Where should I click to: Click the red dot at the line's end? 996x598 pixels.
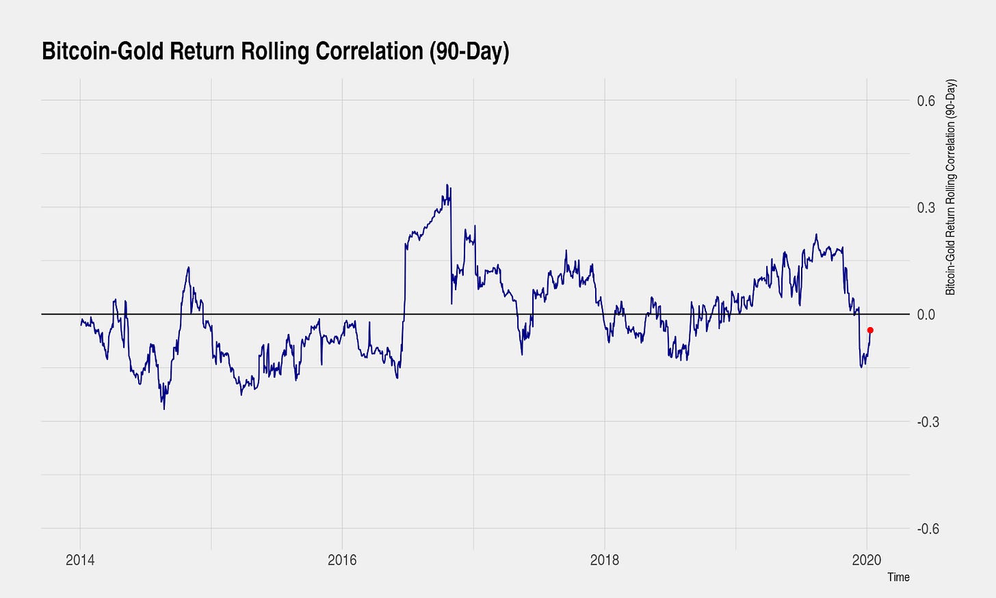(870, 330)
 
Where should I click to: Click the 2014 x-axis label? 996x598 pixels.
(80, 560)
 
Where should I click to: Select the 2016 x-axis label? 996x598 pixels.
(342, 560)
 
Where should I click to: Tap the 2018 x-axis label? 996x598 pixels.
(604, 560)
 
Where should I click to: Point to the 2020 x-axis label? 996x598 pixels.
(867, 560)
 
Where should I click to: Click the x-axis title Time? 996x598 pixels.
(898, 577)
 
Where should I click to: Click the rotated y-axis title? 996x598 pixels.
(950, 187)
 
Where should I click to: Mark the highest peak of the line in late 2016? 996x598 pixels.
(447, 185)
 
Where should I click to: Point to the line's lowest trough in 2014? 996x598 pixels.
(164, 409)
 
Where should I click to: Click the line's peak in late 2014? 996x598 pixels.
(188, 268)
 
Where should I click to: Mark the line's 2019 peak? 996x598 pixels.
(816, 235)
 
